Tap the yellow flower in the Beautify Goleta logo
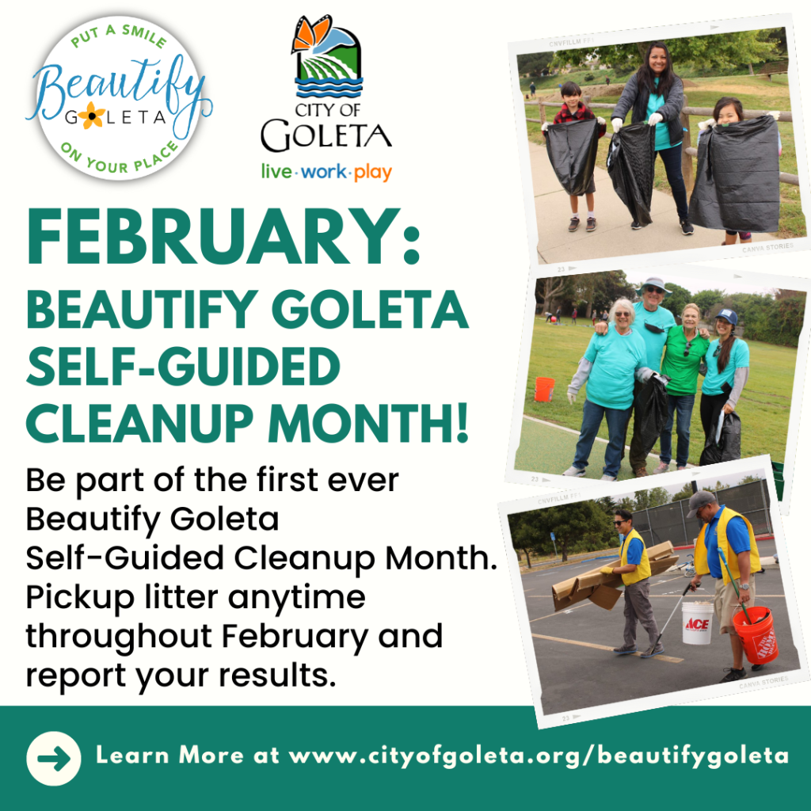click(92, 116)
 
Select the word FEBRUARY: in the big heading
click(223, 237)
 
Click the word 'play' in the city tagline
click(373, 172)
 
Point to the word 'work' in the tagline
click(324, 171)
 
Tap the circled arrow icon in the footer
click(54, 758)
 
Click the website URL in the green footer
click(538, 756)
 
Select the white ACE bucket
click(697, 623)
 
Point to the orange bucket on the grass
click(544, 389)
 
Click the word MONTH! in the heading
click(368, 423)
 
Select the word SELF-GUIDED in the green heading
click(183, 366)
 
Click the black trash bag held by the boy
click(573, 156)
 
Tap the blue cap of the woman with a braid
click(727, 316)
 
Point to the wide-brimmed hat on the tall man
click(653, 285)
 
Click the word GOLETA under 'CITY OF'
click(326, 135)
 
